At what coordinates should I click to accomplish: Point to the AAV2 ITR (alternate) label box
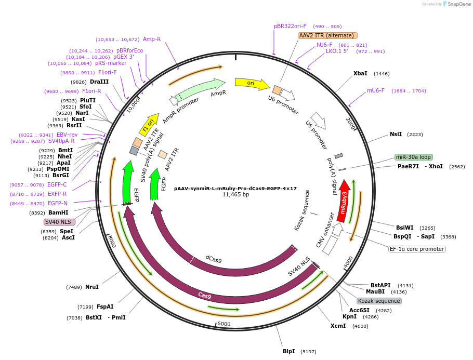point(327,35)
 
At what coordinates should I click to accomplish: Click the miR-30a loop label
point(413,157)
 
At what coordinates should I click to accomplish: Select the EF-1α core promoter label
point(417,249)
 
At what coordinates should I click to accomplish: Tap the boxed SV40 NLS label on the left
point(59,222)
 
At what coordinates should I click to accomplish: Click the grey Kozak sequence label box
point(379,301)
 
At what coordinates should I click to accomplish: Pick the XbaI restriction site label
point(360,74)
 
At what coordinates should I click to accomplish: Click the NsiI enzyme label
point(396,134)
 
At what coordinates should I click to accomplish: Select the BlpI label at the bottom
point(288,351)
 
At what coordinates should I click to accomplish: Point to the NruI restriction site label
point(92,287)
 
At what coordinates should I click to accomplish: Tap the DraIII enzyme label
point(99,82)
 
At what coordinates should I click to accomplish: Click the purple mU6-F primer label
point(376,90)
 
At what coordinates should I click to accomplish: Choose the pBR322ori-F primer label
point(290,26)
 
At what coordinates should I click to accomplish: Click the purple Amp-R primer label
point(152,39)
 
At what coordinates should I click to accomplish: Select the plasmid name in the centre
point(235,189)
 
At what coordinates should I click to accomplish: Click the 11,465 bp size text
point(235,195)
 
